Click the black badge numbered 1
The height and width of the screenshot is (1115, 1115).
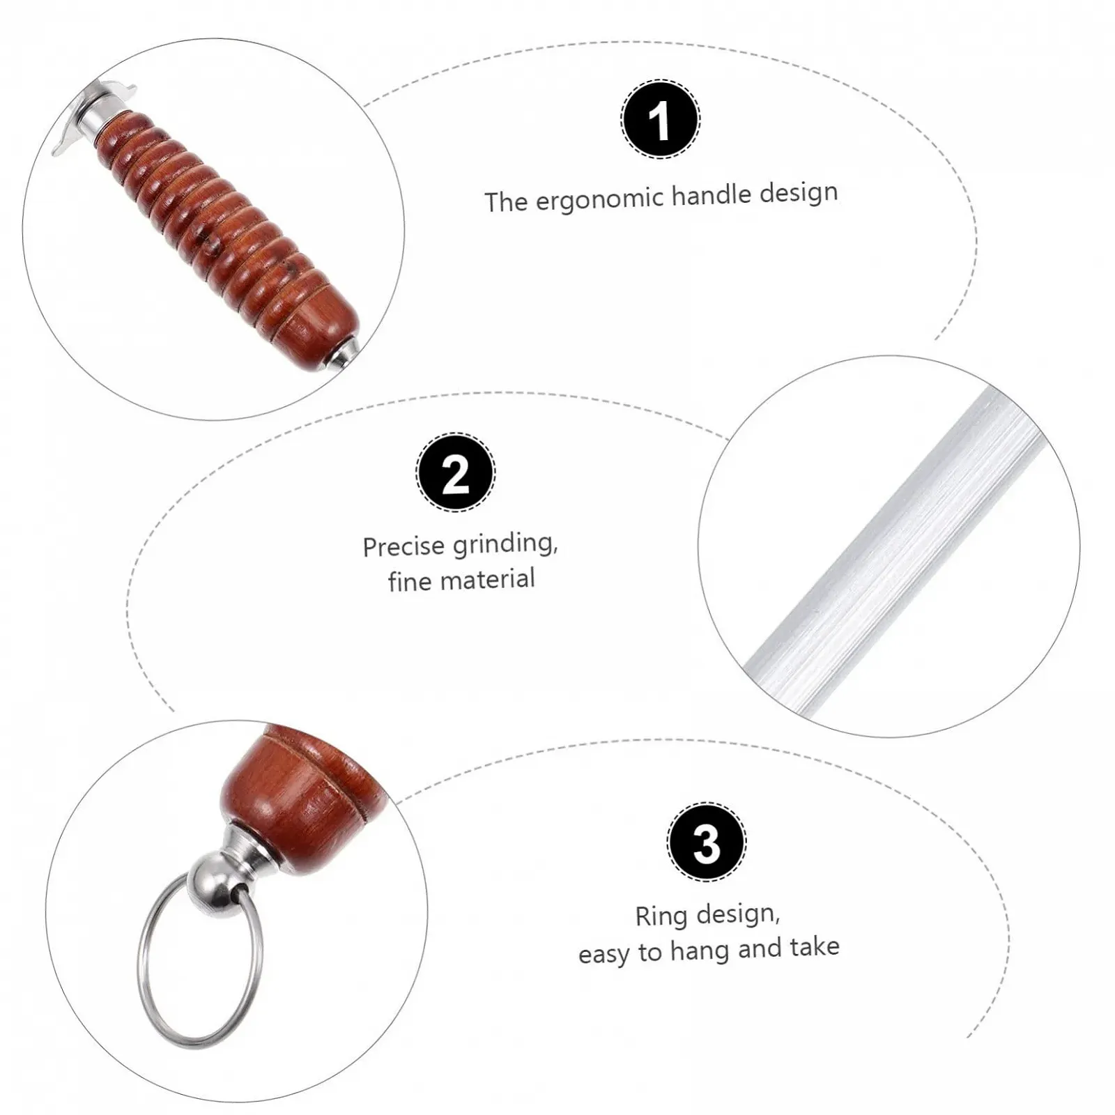point(660,119)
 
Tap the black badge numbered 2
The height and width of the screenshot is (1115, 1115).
point(456,472)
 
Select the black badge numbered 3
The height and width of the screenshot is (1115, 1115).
point(707,842)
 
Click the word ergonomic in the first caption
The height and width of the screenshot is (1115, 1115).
point(600,199)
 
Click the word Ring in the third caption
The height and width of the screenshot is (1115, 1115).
point(661,916)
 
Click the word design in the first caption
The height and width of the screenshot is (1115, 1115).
point(798,192)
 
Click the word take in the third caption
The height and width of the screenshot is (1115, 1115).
point(815,947)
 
